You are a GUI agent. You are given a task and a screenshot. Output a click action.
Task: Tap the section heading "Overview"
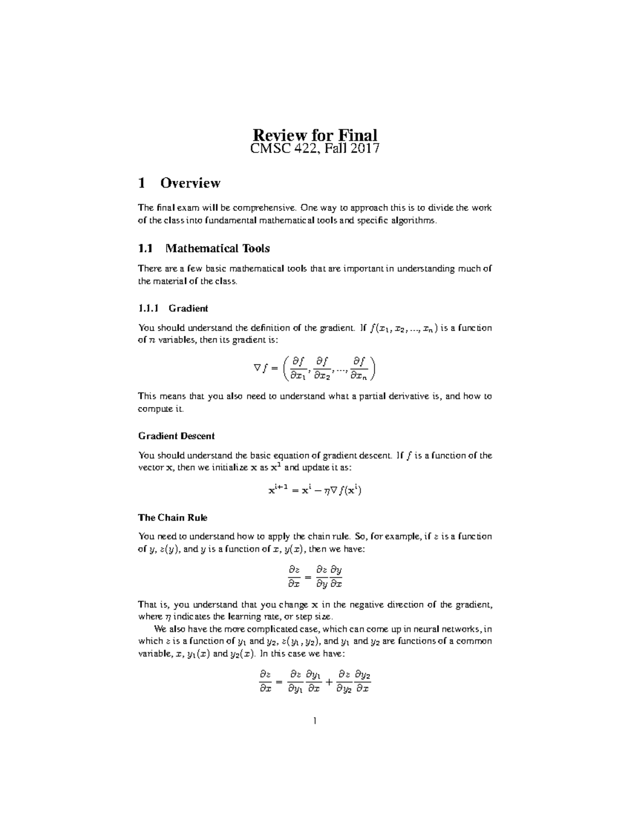pyautogui.click(x=190, y=183)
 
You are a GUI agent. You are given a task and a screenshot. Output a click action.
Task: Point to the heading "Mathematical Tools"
pyautogui.click(x=217, y=248)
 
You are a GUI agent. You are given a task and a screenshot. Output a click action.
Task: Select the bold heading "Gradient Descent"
pyautogui.click(x=176, y=436)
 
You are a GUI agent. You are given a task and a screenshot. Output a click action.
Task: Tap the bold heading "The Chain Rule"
pyautogui.click(x=172, y=518)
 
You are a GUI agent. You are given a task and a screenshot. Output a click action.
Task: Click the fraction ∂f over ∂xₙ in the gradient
pyautogui.click(x=362, y=368)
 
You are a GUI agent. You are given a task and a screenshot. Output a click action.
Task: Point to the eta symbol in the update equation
pyautogui.click(x=327, y=491)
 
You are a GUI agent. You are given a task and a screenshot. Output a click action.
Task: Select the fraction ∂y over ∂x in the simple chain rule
pyautogui.click(x=336, y=576)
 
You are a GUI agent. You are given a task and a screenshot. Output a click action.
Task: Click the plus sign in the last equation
pyautogui.click(x=329, y=682)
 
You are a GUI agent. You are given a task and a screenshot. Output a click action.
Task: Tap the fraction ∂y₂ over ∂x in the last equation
pyautogui.click(x=362, y=681)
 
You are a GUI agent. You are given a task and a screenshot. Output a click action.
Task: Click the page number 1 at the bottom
pyautogui.click(x=314, y=721)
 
